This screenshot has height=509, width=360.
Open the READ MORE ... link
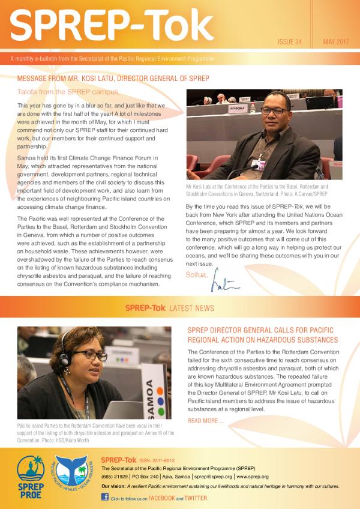(206, 420)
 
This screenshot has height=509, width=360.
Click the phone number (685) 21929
(116, 476)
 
